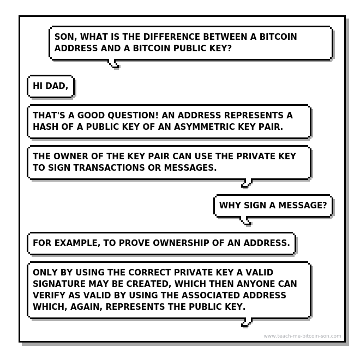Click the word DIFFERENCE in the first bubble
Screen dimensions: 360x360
pyautogui.click(x=172, y=37)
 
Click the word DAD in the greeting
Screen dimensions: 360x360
pyautogui.click(x=57, y=86)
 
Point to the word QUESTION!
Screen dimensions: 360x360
pyautogui.click(x=133, y=115)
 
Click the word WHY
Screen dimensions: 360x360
pyautogui.click(x=230, y=205)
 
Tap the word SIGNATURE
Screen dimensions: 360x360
pyautogui.click(x=59, y=284)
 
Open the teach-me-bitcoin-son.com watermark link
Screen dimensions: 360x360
pyautogui.click(x=302, y=336)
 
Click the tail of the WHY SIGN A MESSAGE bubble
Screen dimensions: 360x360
pyautogui.click(x=245, y=221)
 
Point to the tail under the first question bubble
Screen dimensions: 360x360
pyautogui.click(x=113, y=64)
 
